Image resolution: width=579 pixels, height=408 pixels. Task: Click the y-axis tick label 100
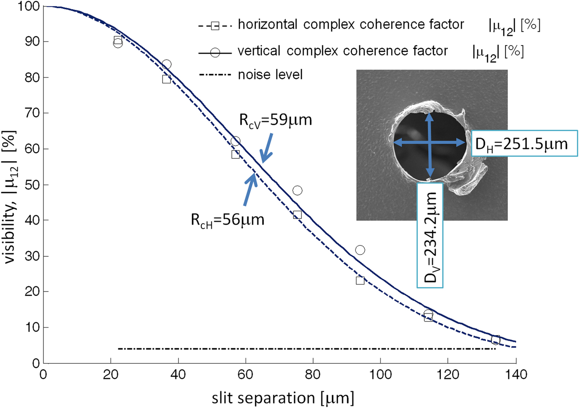(x=29, y=7)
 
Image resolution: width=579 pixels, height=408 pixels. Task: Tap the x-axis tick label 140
(x=516, y=375)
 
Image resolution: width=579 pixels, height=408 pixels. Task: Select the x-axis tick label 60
(x=245, y=375)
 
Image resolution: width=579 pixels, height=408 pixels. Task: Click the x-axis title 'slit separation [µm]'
(x=283, y=398)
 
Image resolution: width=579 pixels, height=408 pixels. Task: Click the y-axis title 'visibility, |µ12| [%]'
(x=10, y=197)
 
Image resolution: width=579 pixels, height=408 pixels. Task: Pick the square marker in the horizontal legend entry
(x=215, y=26)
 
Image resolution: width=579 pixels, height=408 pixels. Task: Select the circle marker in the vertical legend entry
(x=215, y=52)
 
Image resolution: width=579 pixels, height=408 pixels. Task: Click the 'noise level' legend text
(x=270, y=75)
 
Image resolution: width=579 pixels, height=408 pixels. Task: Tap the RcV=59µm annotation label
(x=275, y=120)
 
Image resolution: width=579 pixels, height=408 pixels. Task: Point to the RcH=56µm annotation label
(x=227, y=220)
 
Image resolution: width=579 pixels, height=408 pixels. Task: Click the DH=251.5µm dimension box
(x=524, y=144)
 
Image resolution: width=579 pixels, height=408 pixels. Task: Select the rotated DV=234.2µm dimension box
(x=430, y=236)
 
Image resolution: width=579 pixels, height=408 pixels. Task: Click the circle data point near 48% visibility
(x=297, y=191)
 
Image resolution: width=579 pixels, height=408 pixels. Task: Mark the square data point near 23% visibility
(x=360, y=281)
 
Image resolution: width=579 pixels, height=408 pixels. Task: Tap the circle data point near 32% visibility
(x=360, y=250)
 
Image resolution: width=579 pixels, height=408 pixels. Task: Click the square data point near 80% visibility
(x=166, y=79)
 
